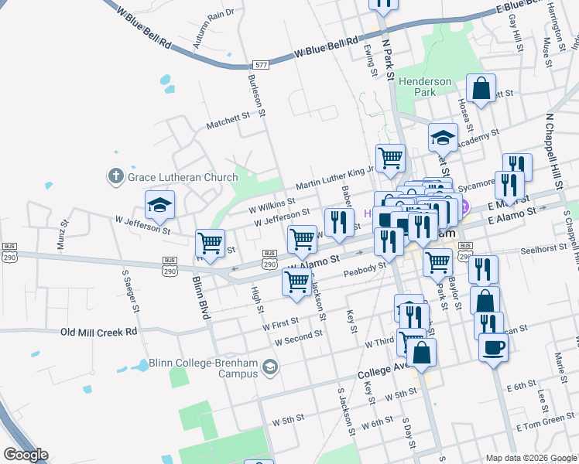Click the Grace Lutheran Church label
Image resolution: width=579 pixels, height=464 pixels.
183,177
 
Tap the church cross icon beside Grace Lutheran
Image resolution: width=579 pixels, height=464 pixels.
116,177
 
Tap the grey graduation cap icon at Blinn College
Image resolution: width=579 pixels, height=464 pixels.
269,367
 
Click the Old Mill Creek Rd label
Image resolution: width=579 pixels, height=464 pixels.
99,332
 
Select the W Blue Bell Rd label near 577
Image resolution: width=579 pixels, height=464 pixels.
327,49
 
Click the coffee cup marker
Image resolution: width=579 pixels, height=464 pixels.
493,347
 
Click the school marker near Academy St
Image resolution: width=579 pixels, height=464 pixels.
443,138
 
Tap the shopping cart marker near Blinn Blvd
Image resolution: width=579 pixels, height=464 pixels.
210,244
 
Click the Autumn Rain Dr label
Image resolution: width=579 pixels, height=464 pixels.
213,29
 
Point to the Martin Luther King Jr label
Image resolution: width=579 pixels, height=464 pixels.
334,177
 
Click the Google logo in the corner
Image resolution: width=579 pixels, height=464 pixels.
26,455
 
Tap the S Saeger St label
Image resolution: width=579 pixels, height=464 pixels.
129,289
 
